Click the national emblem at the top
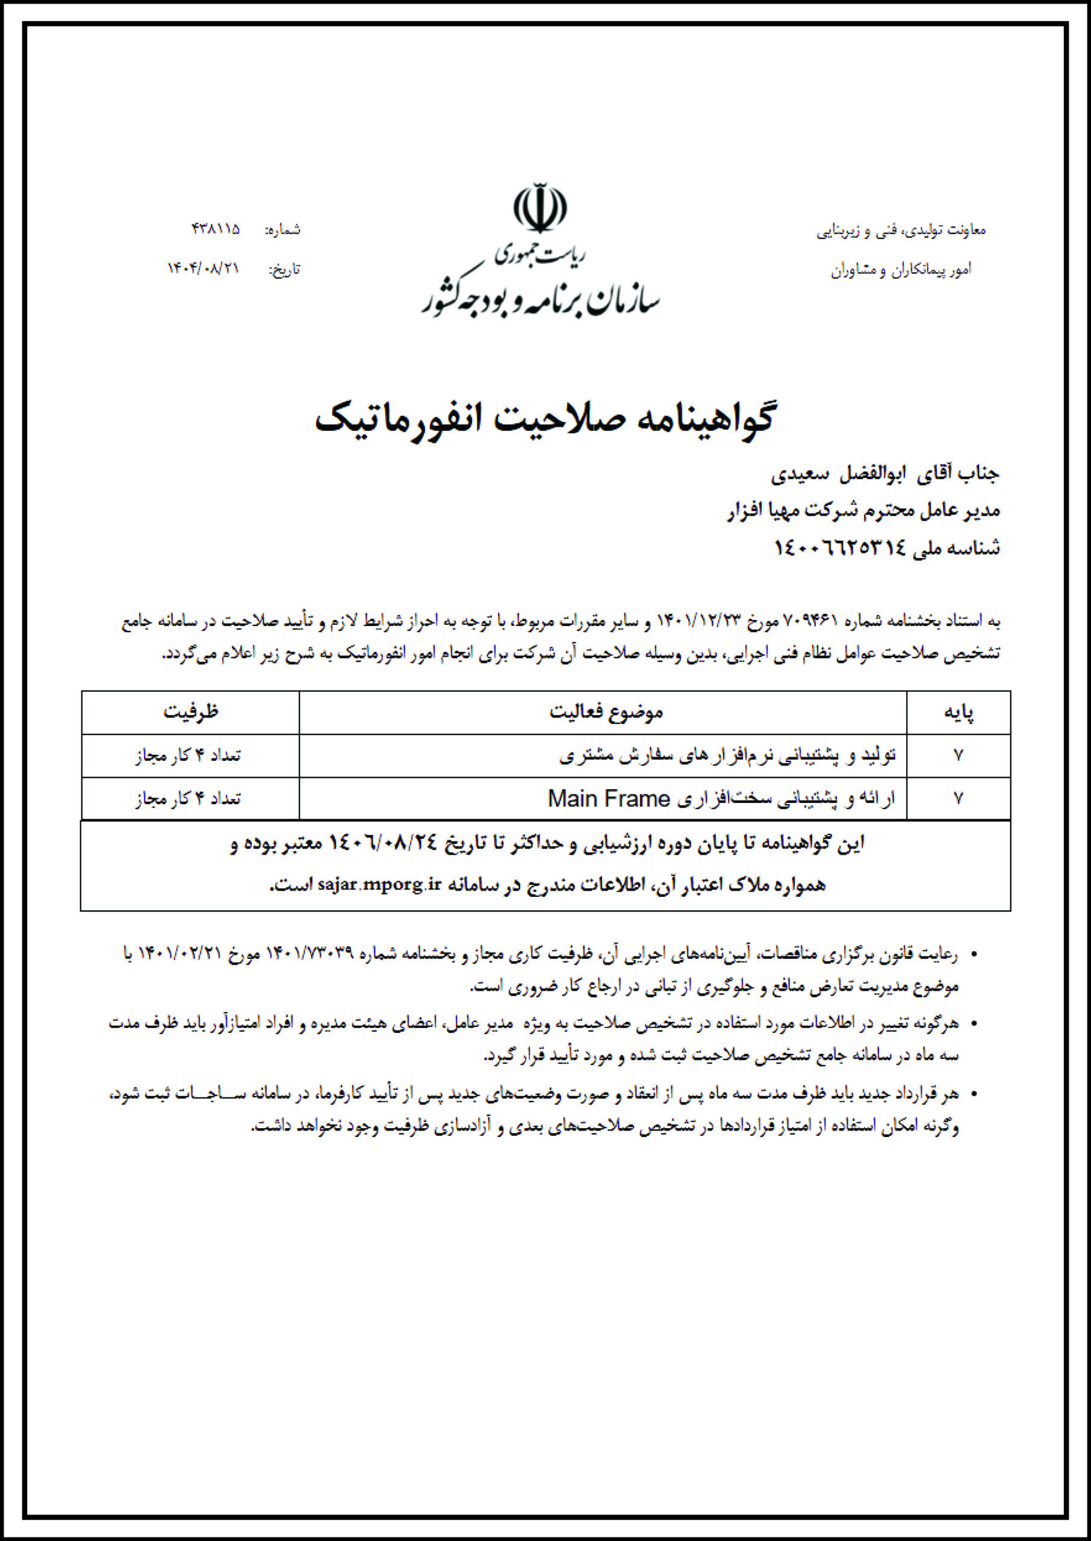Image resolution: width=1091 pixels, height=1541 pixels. [539, 208]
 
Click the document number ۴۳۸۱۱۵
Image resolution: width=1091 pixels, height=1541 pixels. [216, 229]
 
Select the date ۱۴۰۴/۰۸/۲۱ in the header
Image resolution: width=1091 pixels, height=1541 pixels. [204, 268]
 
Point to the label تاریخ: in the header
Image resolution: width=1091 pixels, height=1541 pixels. [285, 270]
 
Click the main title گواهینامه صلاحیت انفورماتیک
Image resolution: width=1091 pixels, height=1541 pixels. [545, 418]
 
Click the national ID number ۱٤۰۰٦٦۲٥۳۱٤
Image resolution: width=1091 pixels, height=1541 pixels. [841, 548]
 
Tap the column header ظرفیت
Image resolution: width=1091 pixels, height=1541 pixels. [191, 712]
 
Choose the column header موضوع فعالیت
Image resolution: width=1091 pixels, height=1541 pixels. [606, 712]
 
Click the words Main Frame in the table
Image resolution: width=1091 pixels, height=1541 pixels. [609, 798]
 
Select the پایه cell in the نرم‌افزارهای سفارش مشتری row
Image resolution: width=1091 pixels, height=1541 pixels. [958, 755]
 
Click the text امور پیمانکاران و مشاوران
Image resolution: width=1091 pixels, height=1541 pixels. [901, 270]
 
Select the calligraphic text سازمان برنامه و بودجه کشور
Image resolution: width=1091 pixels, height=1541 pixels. [541, 300]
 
